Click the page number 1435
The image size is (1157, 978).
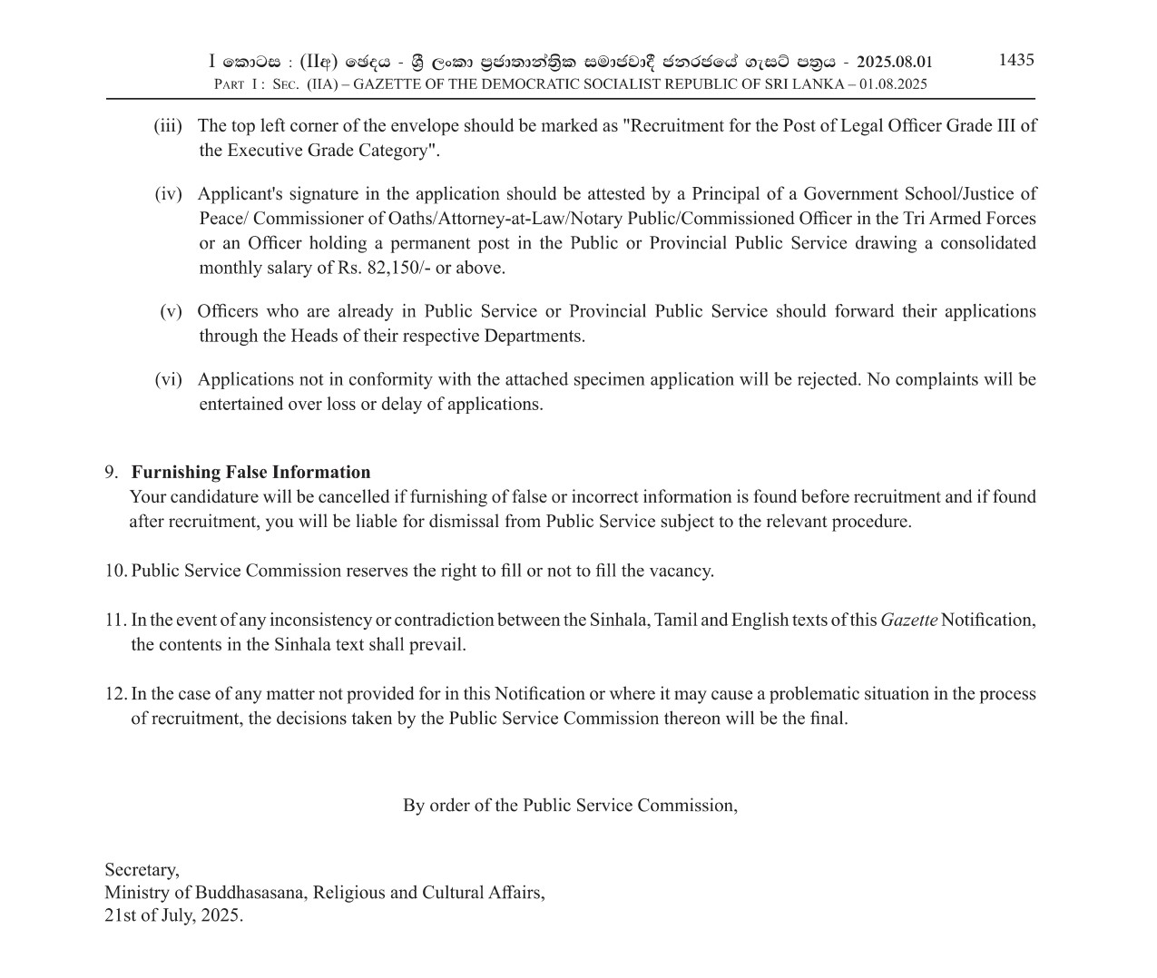pyautogui.click(x=1015, y=60)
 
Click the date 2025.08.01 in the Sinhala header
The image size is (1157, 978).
pyautogui.click(x=894, y=63)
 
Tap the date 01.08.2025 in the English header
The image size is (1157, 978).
pyautogui.click(x=893, y=84)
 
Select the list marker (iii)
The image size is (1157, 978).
pyautogui.click(x=168, y=126)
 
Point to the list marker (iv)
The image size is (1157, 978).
pyautogui.click(x=168, y=194)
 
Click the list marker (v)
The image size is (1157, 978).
pyautogui.click(x=171, y=312)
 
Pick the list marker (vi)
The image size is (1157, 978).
pyautogui.click(x=168, y=380)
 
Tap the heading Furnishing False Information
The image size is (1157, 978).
pyautogui.click(x=250, y=473)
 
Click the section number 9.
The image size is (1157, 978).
pyautogui.click(x=111, y=473)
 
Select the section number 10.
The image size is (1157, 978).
pyautogui.click(x=115, y=572)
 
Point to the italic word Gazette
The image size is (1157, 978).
pyautogui.click(x=908, y=621)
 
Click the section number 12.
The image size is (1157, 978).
pyautogui.click(x=115, y=694)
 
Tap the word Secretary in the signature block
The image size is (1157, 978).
pyautogui.click(x=142, y=870)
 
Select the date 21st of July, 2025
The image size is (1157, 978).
pyautogui.click(x=173, y=915)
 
